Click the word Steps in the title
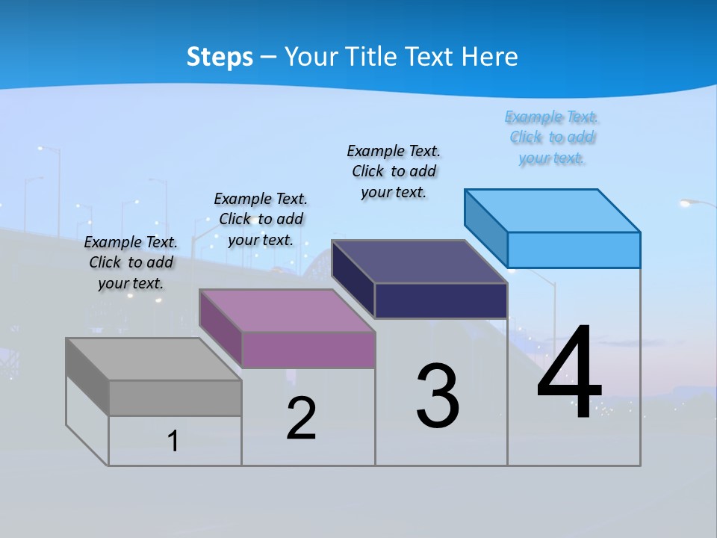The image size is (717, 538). (220, 57)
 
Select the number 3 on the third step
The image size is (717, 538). (438, 395)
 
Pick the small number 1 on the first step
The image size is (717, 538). (173, 441)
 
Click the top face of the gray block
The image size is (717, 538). (153, 359)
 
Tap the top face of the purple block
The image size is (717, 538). (287, 311)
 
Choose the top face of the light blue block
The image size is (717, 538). (553, 211)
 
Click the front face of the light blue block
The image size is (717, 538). (574, 250)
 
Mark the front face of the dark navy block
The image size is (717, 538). (441, 300)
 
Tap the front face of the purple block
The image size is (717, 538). (308, 350)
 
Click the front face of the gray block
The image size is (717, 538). (175, 398)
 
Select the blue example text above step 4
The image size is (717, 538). (551, 137)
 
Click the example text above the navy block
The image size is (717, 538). (394, 171)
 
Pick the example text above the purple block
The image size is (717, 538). (261, 219)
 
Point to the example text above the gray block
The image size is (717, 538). (131, 262)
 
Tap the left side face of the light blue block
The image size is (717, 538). (486, 227)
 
